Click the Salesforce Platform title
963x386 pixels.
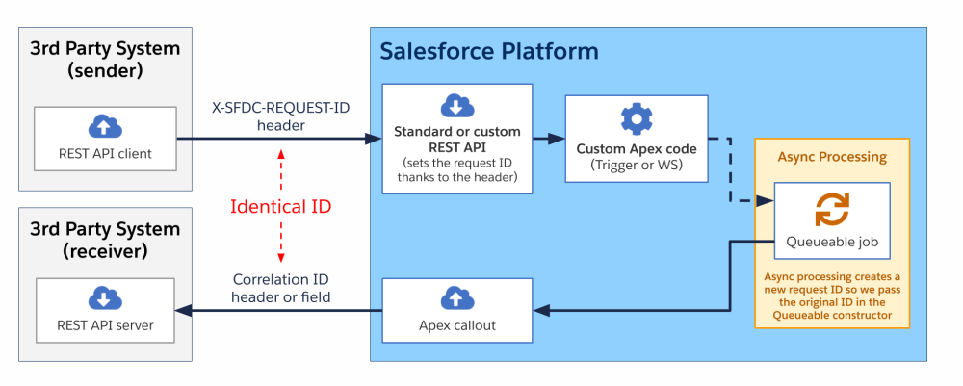click(488, 51)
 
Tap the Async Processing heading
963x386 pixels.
click(831, 156)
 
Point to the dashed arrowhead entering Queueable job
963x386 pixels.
click(767, 201)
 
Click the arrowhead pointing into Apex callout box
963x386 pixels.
click(542, 311)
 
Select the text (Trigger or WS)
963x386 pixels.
click(636, 165)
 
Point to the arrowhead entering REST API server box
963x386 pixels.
click(182, 310)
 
